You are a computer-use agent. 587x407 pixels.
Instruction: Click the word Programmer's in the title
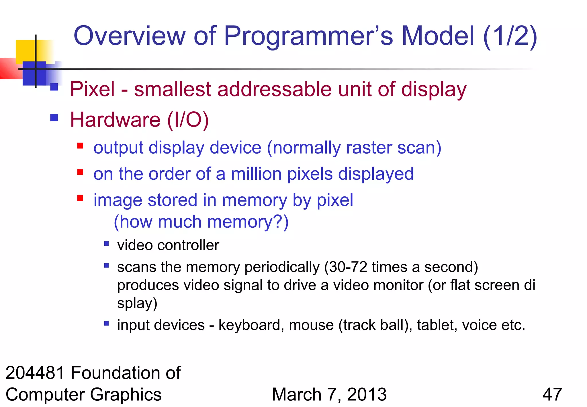[x=308, y=36]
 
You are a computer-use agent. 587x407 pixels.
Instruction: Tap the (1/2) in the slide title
[x=510, y=36]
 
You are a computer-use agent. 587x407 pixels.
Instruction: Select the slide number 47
[x=552, y=394]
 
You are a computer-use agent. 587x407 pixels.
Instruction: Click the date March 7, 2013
[x=329, y=394]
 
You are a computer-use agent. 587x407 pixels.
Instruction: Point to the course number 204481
[x=35, y=373]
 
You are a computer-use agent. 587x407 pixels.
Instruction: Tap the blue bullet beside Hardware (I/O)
[x=54, y=117]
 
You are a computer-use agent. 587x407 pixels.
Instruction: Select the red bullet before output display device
[x=80, y=146]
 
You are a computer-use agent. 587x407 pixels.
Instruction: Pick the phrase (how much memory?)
[x=201, y=222]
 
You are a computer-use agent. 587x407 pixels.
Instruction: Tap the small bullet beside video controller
[x=106, y=244]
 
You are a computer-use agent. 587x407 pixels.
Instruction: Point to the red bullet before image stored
[x=80, y=198]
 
